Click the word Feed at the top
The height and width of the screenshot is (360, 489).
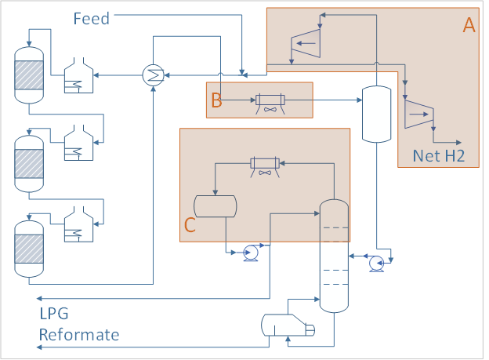point(91,18)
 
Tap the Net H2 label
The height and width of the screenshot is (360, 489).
point(439,155)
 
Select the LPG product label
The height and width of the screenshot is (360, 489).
point(54,315)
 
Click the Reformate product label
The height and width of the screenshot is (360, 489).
point(79,335)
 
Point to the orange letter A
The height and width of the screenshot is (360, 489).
point(469,26)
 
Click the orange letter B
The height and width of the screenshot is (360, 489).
point(217,100)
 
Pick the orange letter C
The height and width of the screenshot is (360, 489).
point(190,225)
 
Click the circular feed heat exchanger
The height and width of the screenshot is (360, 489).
point(153,75)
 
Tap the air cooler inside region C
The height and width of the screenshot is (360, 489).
point(265,164)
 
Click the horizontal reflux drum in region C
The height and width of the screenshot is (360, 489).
point(216,205)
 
